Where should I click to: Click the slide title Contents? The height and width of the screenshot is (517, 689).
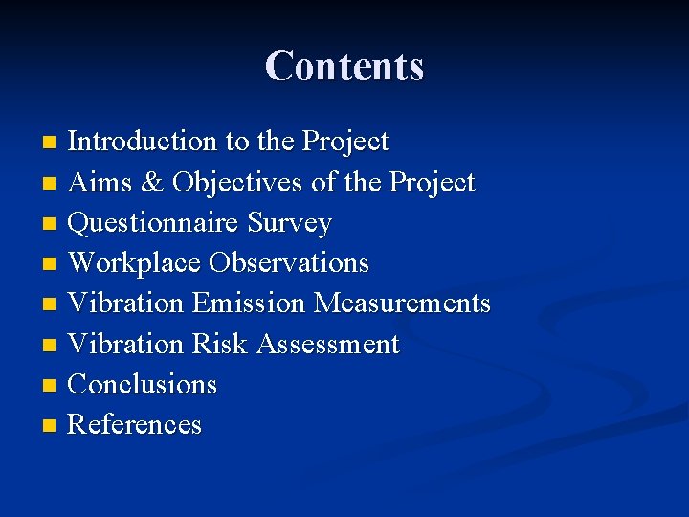tap(344, 66)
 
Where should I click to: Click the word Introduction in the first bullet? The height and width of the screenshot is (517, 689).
tap(143, 142)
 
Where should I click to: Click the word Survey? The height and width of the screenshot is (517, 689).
tap(289, 223)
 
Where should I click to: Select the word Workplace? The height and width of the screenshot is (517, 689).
tap(135, 263)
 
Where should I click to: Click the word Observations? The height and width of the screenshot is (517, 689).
tap(289, 263)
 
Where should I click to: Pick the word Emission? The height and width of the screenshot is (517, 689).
tap(248, 303)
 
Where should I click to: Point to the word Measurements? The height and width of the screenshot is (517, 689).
tap(402, 303)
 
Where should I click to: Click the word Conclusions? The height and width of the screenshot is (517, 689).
tap(143, 384)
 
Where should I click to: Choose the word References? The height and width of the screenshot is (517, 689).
tap(135, 424)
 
